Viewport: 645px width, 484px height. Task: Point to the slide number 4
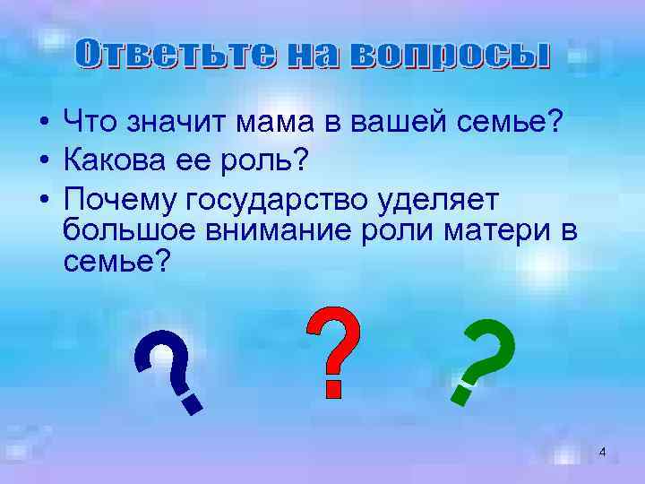tap(602, 453)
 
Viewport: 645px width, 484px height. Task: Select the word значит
tap(170, 123)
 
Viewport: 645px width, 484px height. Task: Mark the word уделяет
tap(437, 199)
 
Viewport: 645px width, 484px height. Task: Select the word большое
tap(121, 231)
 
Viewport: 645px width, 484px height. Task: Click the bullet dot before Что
tap(43, 124)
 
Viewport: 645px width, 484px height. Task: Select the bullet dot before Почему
tap(43, 200)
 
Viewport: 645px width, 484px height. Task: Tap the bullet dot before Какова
tap(43, 161)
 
